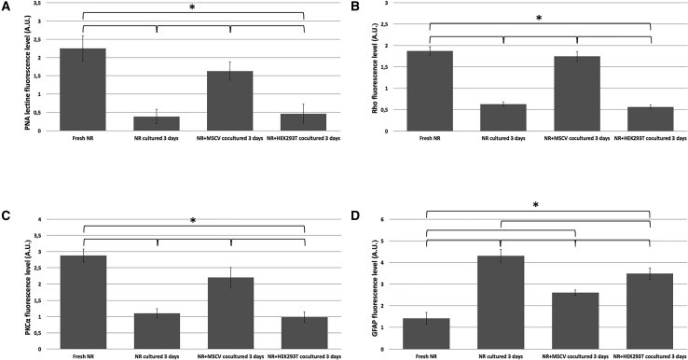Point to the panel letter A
tap(7, 7)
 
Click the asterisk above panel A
tap(192, 8)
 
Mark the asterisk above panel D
tap(537, 205)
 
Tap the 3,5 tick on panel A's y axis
tap(38, 5)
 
